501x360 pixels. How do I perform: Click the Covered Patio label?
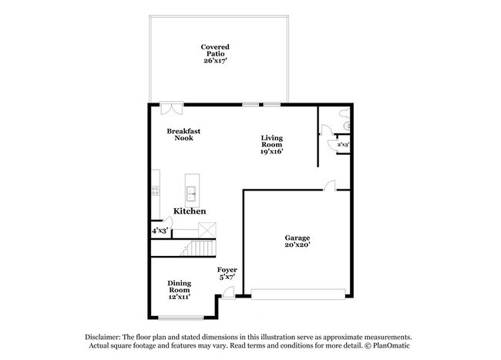215,54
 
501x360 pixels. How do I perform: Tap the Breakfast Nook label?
183,134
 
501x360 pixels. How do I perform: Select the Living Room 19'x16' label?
272,145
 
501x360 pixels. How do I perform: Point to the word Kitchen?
190,211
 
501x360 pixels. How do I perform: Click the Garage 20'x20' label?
298,241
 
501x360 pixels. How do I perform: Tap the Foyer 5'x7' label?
227,274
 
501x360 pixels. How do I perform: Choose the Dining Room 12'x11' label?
180,290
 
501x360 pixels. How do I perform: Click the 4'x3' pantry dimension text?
160,230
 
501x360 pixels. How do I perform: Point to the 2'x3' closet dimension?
343,145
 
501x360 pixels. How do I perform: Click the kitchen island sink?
191,194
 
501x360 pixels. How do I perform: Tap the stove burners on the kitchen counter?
156,190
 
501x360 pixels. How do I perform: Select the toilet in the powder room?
345,113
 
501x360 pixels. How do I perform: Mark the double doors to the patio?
172,108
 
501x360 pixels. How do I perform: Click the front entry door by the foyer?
228,293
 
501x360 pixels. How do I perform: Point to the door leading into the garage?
329,186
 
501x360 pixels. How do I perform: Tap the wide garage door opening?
298,294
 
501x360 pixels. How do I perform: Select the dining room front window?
181,318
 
